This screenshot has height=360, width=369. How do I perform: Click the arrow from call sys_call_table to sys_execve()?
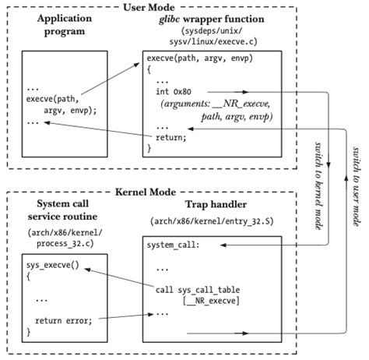117,277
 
